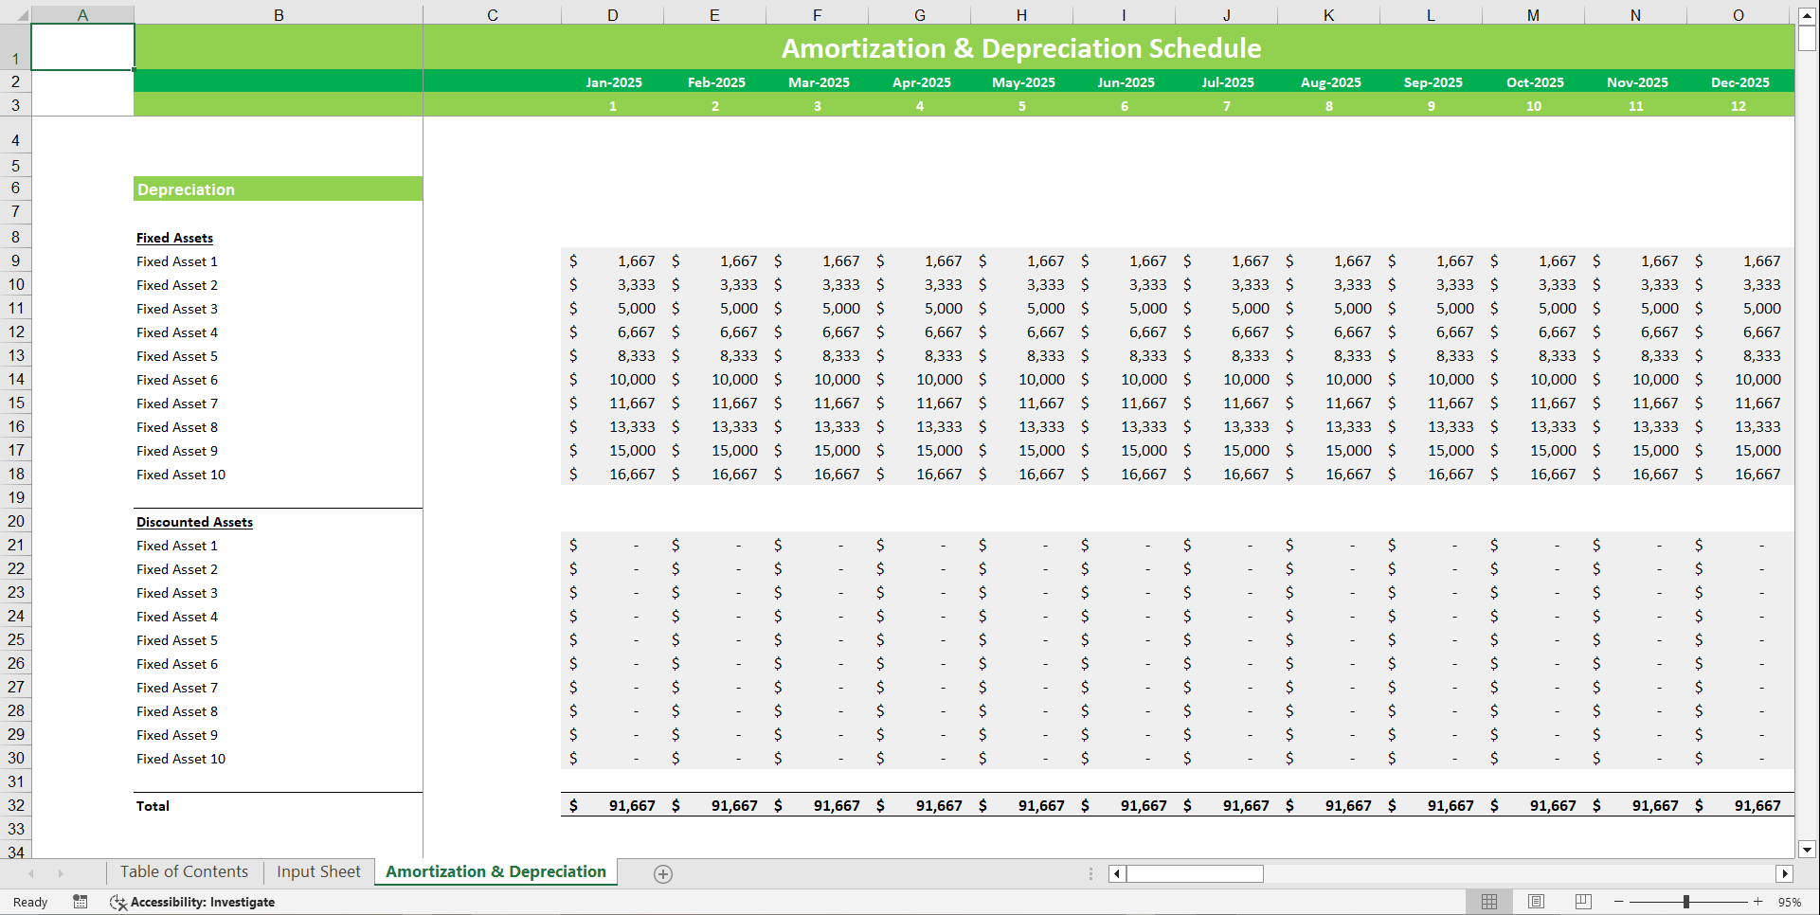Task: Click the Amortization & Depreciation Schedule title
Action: pos(1020,48)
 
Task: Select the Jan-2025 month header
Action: pos(613,82)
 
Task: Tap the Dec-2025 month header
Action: pos(1739,82)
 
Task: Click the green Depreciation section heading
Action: pos(186,189)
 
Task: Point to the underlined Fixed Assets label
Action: pos(174,238)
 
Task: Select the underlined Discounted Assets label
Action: pos(194,522)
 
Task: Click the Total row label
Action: pos(153,806)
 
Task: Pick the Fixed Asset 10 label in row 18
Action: pos(181,475)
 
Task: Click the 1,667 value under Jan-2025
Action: pos(636,261)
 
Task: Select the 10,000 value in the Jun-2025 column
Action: pos(1144,380)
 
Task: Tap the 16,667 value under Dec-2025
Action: pos(1757,475)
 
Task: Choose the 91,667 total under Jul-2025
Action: pos(1246,806)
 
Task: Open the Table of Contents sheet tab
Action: pos(184,871)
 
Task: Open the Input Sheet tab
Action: pos(318,871)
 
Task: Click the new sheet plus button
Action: pos(663,874)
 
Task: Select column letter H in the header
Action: pos(1021,15)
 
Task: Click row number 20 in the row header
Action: pos(16,521)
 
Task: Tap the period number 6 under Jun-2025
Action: pos(1125,106)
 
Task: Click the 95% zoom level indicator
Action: pos(1790,902)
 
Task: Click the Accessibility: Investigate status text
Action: pos(202,902)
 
